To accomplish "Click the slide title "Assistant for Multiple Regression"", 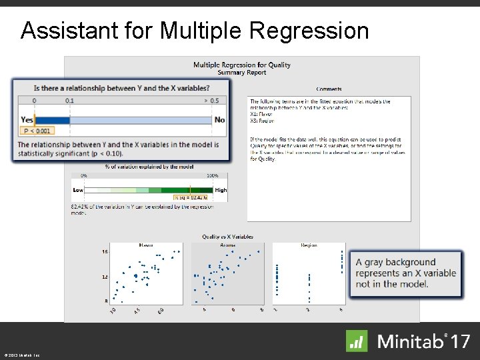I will (194, 30).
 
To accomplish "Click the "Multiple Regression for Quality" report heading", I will (242, 65).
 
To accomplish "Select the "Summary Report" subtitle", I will (242, 73).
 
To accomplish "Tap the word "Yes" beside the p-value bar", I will (27, 120).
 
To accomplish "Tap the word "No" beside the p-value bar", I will (219, 120).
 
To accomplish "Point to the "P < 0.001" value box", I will (37, 131).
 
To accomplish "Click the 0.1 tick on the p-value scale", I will (70, 101).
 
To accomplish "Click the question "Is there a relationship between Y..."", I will (121, 88).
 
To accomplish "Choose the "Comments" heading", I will (329, 89).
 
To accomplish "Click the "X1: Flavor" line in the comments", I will (261, 114).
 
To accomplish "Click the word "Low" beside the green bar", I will (78, 190).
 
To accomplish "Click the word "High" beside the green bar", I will (221, 190).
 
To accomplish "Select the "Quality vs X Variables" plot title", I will (227, 237).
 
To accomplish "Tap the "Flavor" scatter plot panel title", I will (146, 245).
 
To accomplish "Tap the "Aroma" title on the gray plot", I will (227, 245).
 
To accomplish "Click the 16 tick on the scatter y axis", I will (105, 252).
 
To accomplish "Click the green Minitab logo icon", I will (357, 341).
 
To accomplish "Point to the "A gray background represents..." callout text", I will (405, 273).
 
